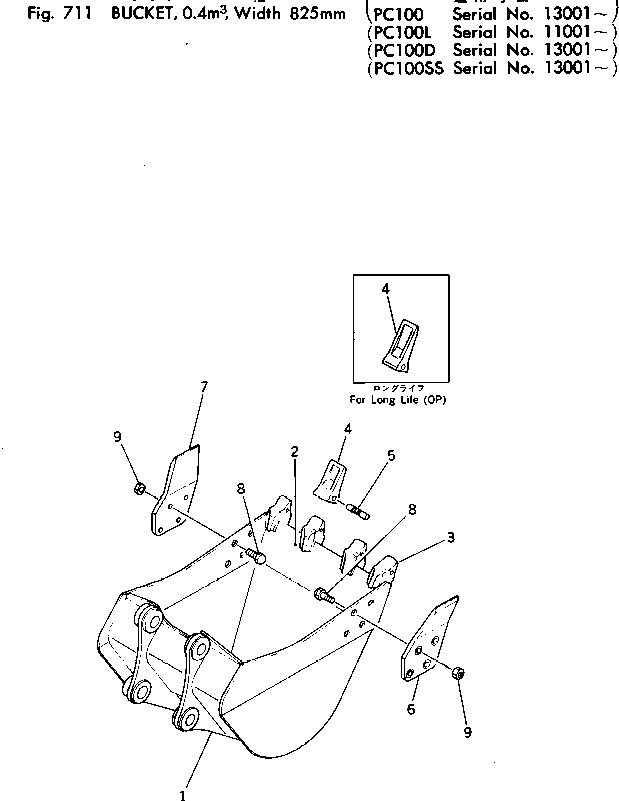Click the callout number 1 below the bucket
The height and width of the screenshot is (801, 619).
coord(182,795)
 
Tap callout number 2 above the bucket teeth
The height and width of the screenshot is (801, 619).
coord(295,453)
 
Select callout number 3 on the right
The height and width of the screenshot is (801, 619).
coord(451,538)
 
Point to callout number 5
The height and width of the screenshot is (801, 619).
coord(391,455)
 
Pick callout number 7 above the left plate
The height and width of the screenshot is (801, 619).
coord(204,386)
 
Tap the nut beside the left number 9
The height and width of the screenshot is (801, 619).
coord(141,489)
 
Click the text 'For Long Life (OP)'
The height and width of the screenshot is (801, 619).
coord(398,400)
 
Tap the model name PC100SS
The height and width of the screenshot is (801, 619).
coord(407,69)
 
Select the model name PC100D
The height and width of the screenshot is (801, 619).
coord(403,51)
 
